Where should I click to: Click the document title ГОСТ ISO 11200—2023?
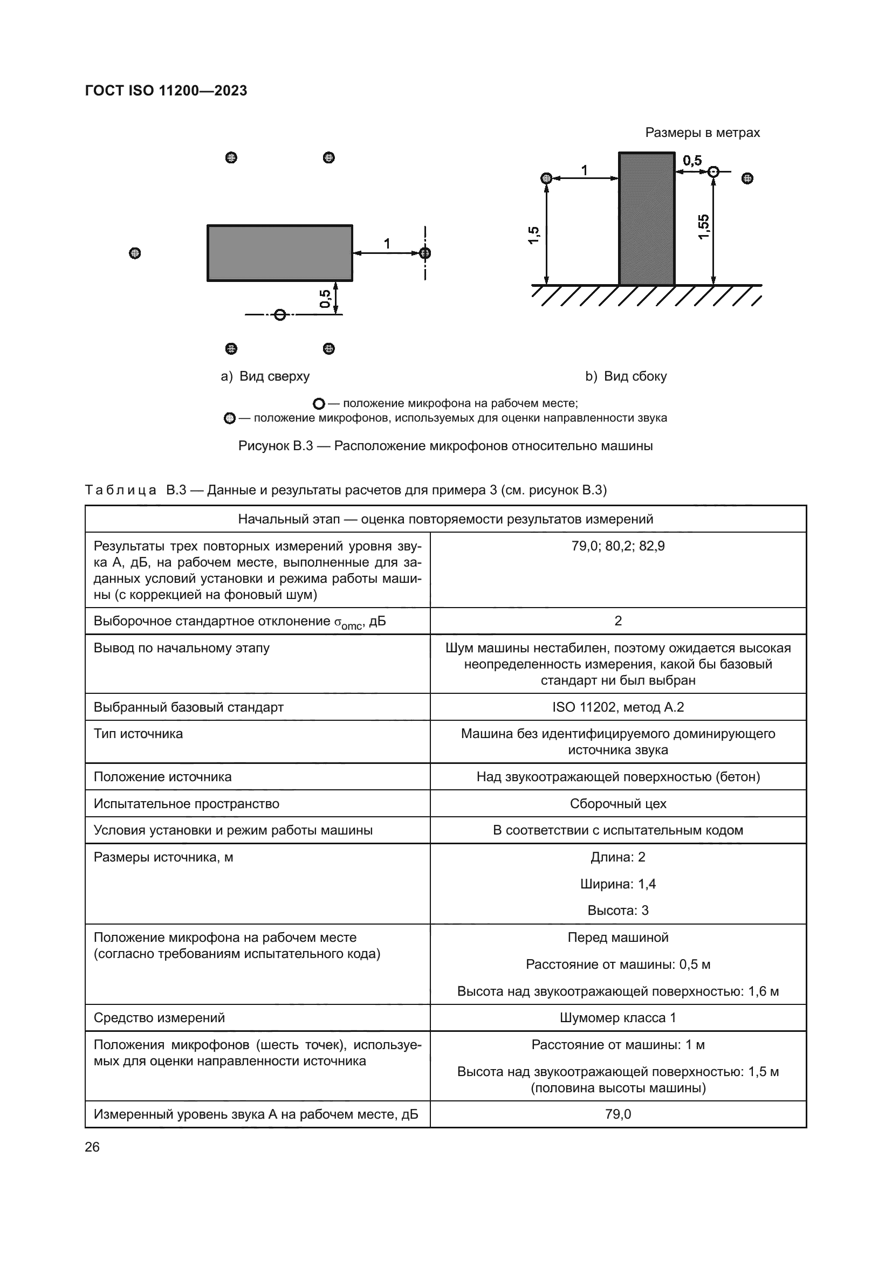pyautogui.click(x=166, y=91)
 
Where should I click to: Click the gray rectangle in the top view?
pyautogui.click(x=279, y=253)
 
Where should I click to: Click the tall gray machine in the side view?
pyautogui.click(x=647, y=218)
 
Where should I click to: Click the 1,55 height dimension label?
pyautogui.click(x=704, y=227)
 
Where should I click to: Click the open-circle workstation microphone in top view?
pyautogui.click(x=280, y=315)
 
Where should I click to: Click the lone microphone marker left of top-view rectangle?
pyautogui.click(x=135, y=253)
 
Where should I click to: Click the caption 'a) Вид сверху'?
pyautogui.click(x=265, y=376)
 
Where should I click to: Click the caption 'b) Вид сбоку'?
pyautogui.click(x=626, y=376)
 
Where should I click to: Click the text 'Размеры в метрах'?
pyautogui.click(x=702, y=133)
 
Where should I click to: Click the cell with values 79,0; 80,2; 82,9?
pyautogui.click(x=617, y=546)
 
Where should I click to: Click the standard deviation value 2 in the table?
pyautogui.click(x=617, y=621)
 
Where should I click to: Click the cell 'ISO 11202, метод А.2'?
pyautogui.click(x=617, y=707)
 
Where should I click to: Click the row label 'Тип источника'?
pyautogui.click(x=138, y=734)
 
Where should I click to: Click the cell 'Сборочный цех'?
pyautogui.click(x=617, y=803)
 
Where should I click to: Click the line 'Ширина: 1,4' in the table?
pyautogui.click(x=617, y=884)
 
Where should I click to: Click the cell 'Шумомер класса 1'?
pyautogui.click(x=617, y=1018)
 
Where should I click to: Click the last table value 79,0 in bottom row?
pyautogui.click(x=617, y=1114)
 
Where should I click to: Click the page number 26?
pyautogui.click(x=92, y=1147)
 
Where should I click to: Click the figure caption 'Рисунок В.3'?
pyautogui.click(x=445, y=445)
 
